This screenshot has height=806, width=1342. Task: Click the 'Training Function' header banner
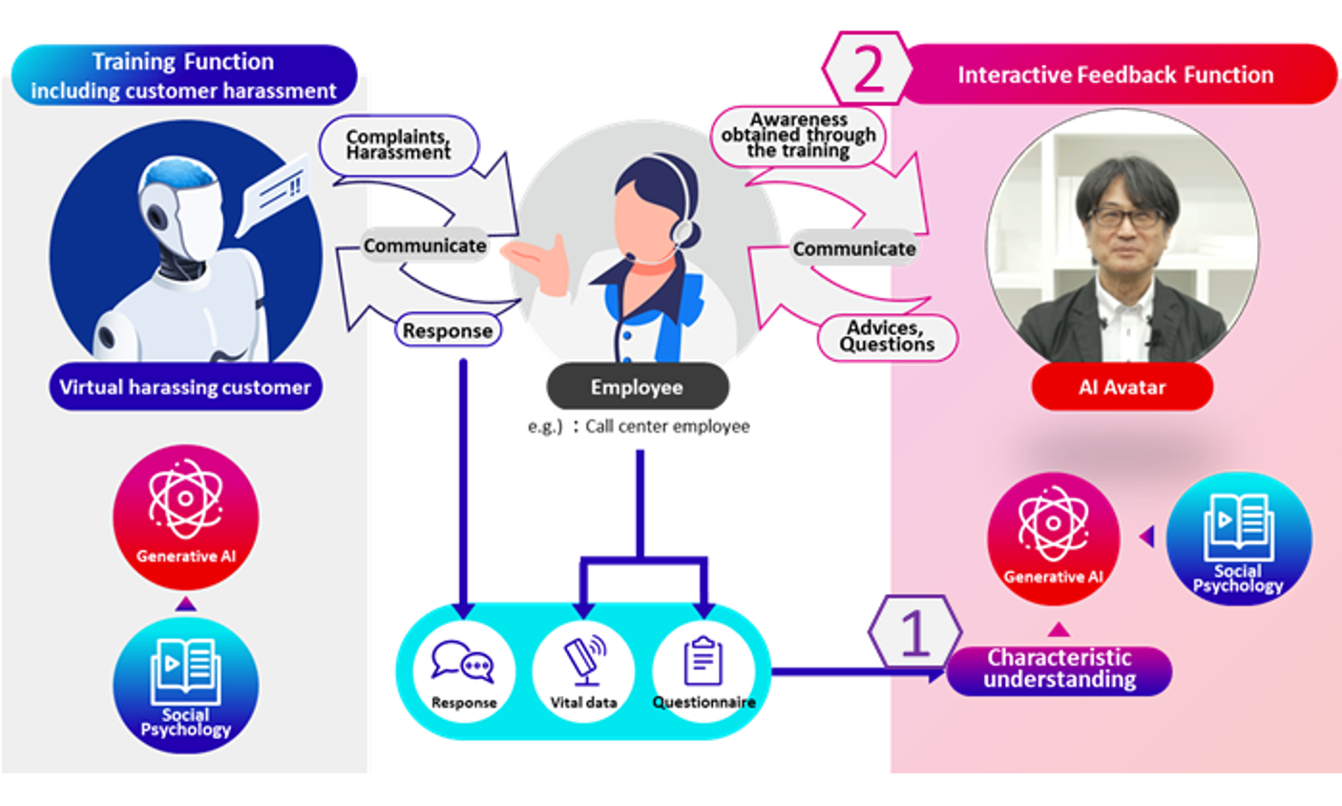[x=183, y=75]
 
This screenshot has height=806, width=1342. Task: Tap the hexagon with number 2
[x=867, y=69]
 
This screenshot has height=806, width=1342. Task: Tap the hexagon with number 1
[x=914, y=632]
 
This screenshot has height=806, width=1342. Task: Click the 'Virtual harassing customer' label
[x=185, y=387]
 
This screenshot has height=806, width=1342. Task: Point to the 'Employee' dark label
[x=637, y=387]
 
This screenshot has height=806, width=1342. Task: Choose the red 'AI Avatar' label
[x=1122, y=387]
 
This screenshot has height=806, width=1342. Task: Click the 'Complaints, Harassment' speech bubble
[x=398, y=145]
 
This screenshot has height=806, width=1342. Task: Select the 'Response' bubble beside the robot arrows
[x=447, y=330]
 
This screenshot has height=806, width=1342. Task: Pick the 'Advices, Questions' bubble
[x=887, y=336]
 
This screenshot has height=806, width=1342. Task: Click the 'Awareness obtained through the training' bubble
[x=798, y=136]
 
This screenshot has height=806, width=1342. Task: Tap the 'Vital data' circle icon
[x=583, y=670]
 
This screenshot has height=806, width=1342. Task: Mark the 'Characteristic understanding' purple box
[x=1059, y=668]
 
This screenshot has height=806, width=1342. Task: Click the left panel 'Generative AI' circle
[x=185, y=516]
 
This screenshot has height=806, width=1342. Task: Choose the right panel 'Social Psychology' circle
[x=1238, y=539]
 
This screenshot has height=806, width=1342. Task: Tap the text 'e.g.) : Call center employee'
[x=639, y=426]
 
